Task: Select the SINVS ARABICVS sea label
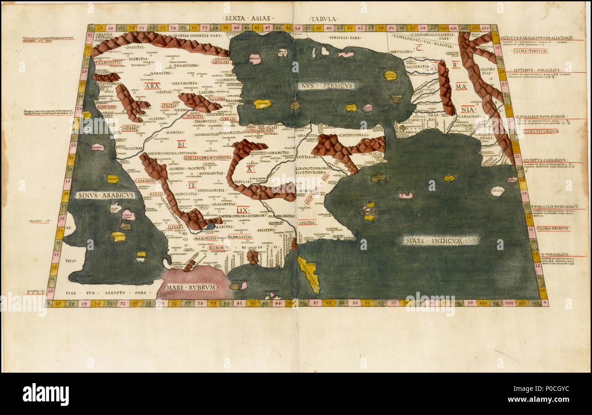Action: point(106,195)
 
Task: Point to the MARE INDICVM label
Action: point(439,240)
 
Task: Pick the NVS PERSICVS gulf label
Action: point(327,85)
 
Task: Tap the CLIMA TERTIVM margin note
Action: point(530,51)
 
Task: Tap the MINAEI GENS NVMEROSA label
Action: point(207,158)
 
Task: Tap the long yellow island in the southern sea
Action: point(308,273)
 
